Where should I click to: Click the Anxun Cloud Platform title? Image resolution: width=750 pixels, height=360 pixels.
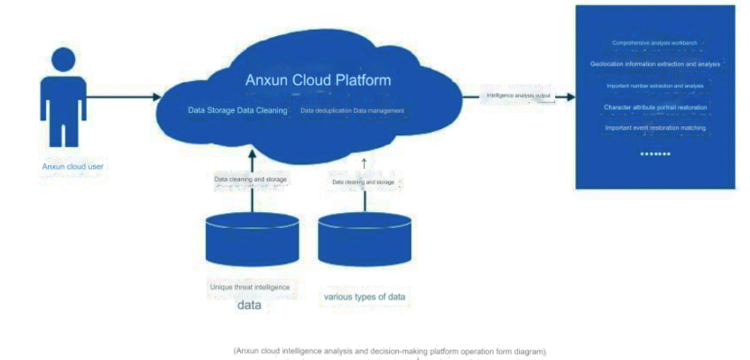[x=318, y=79]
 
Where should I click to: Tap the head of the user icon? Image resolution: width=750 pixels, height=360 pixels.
[x=64, y=59]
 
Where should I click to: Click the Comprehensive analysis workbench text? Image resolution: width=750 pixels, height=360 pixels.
[x=655, y=43]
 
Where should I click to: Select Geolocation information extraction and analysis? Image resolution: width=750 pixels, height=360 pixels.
[x=655, y=64]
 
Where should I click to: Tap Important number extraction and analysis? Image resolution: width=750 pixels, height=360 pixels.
[x=655, y=86]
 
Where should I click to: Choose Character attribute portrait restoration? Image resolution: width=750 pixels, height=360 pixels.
[x=655, y=107]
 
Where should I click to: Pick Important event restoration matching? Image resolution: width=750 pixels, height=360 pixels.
[x=655, y=127]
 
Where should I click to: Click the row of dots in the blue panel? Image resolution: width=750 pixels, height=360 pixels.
[x=655, y=154]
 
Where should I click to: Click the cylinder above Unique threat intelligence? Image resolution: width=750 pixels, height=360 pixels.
[x=253, y=239]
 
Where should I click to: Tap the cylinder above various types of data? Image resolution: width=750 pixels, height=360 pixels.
[x=364, y=239]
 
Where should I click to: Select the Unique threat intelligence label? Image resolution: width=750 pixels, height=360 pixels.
[x=249, y=287]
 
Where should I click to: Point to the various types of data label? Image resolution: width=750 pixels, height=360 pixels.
[x=364, y=297]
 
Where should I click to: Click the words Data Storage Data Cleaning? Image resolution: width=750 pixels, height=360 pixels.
[x=237, y=111]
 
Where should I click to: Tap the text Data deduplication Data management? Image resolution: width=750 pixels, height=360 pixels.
[x=352, y=111]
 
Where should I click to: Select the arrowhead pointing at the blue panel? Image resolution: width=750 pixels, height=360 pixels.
[x=571, y=97]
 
